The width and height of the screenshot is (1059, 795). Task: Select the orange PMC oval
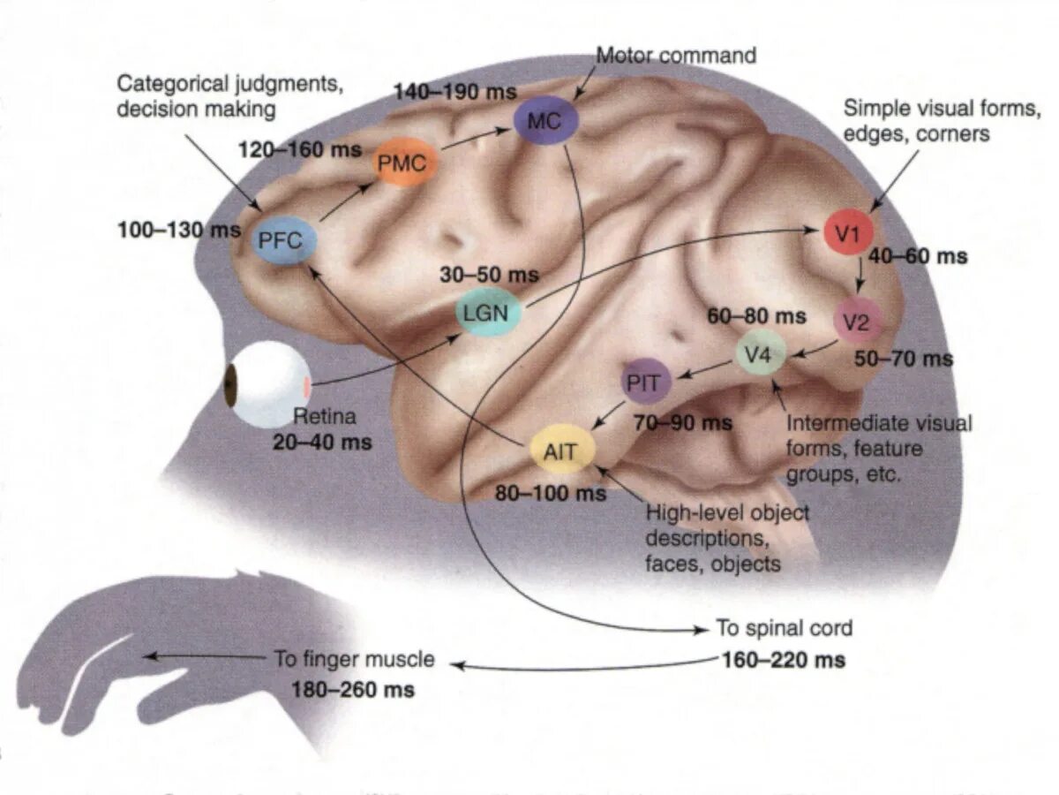coord(403,163)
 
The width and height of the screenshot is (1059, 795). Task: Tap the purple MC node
coord(545,122)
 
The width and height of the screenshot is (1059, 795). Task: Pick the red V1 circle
coord(848,233)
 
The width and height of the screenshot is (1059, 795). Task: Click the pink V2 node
coord(855,324)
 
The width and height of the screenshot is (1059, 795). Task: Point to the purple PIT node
coord(647,382)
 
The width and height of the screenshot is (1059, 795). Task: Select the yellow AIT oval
coord(561,452)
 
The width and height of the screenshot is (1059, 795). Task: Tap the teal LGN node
coord(487,314)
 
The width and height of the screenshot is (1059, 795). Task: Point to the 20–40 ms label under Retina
coord(322,442)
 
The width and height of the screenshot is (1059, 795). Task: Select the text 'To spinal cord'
coord(785,629)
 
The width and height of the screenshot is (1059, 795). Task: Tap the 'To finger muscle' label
coord(354,659)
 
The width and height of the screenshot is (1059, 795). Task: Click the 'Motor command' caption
coord(677,56)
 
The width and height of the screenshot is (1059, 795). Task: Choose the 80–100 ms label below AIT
coord(551,493)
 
